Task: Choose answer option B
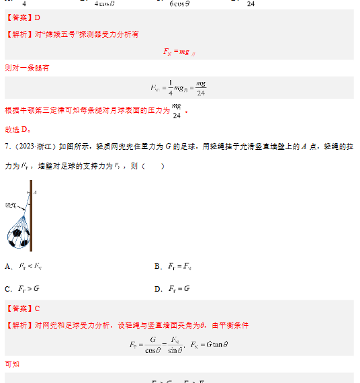coord(173,267)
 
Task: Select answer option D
coord(173,289)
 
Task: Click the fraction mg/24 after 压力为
coord(177,110)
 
